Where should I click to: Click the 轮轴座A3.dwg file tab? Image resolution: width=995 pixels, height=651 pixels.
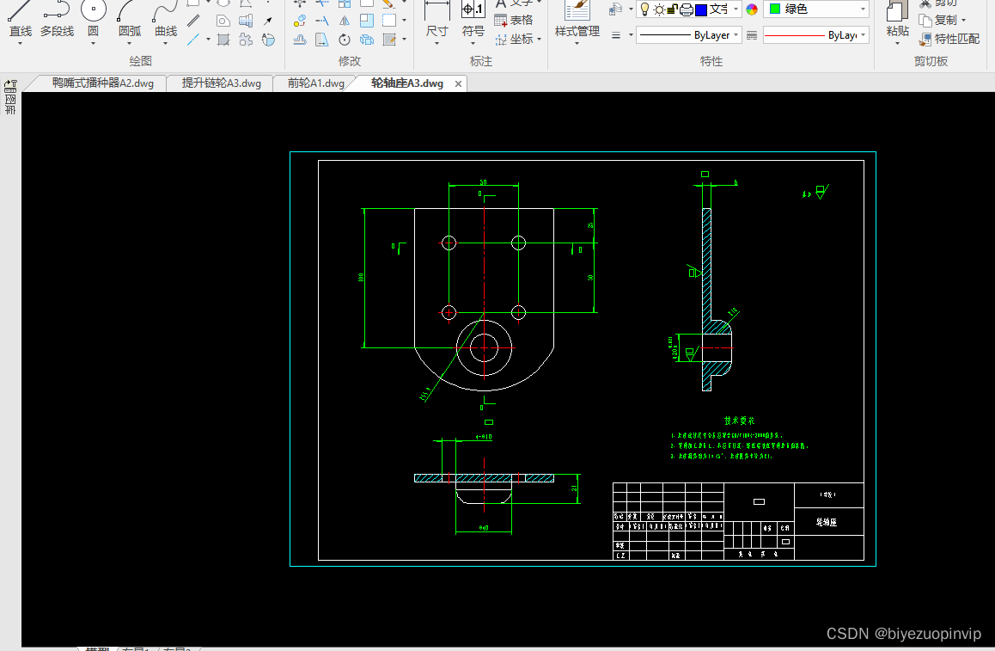[406, 83]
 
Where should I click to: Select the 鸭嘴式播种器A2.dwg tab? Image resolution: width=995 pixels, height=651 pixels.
[102, 83]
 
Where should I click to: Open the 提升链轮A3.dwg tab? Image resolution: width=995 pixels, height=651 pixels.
[221, 83]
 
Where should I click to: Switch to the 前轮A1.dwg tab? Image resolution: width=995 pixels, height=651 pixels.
[315, 83]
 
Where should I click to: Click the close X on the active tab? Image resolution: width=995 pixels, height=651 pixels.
[459, 83]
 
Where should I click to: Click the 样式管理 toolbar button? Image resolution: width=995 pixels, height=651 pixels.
[577, 21]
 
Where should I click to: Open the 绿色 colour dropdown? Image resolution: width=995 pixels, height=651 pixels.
[815, 9]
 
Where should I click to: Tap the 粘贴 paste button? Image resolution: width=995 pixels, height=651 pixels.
[897, 21]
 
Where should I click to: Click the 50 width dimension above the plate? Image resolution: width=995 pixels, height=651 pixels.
[483, 182]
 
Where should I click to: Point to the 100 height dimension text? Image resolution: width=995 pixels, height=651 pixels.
[362, 277]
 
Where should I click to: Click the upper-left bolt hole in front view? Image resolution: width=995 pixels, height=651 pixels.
[448, 243]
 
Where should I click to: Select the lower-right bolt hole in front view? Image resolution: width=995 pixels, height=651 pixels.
[518, 312]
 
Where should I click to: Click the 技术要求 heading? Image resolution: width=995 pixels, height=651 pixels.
[738, 421]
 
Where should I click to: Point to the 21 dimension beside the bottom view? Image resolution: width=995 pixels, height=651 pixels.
[574, 488]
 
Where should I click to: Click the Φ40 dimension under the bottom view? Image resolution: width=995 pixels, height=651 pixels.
[483, 528]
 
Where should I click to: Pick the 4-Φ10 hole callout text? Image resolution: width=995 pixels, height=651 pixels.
[484, 437]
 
